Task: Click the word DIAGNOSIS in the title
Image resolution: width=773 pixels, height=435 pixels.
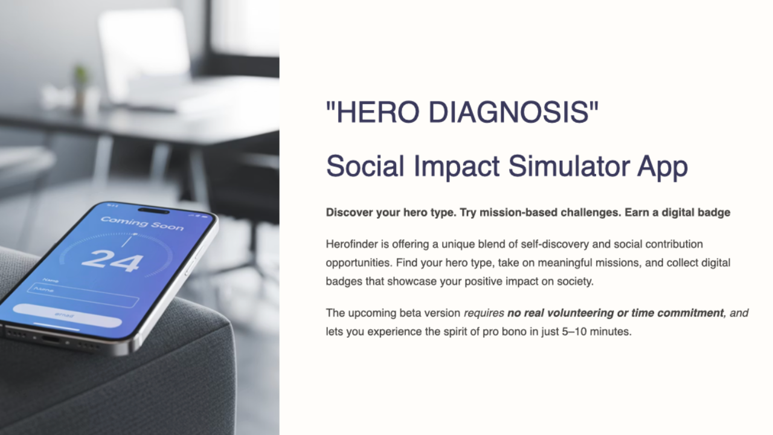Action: tap(508, 112)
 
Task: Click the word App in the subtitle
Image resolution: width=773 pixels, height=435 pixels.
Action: tap(662, 168)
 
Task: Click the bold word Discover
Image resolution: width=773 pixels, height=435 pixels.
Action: tap(349, 212)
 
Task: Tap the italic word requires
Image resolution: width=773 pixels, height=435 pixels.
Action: tap(484, 314)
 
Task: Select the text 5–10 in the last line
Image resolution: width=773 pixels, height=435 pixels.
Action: tap(574, 332)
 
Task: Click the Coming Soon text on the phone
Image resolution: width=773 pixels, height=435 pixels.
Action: tap(142, 224)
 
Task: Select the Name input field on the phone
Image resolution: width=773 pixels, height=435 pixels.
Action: tap(83, 295)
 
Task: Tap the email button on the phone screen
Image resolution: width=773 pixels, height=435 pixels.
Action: tap(67, 315)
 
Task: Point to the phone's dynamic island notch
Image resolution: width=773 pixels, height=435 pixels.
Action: tap(153, 211)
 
